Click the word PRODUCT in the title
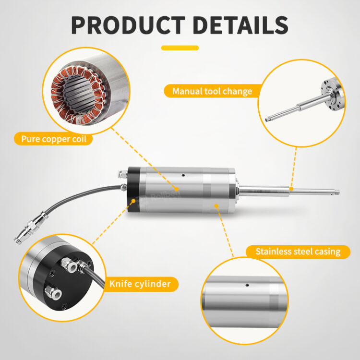(x=128, y=25)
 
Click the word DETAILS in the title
(x=240, y=25)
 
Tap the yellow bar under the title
(x=180, y=48)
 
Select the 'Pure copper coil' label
(x=53, y=139)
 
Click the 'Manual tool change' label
(x=212, y=91)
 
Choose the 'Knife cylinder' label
(x=140, y=284)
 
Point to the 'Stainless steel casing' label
(x=298, y=252)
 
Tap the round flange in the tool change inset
(x=333, y=94)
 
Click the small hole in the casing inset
(x=247, y=285)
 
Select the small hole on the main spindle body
(x=183, y=175)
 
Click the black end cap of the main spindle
(x=133, y=190)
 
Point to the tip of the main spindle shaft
(x=339, y=192)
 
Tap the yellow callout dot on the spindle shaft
(x=291, y=189)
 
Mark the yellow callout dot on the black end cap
(x=133, y=201)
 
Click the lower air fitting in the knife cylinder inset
(x=53, y=292)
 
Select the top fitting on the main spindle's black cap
(x=122, y=174)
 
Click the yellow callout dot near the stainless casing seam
(x=216, y=206)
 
